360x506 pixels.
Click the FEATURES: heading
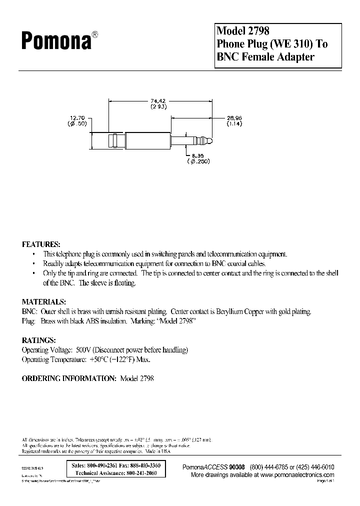(41, 244)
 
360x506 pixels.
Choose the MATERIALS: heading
(43, 302)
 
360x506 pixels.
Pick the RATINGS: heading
(38, 340)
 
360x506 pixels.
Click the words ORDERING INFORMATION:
(69, 378)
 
